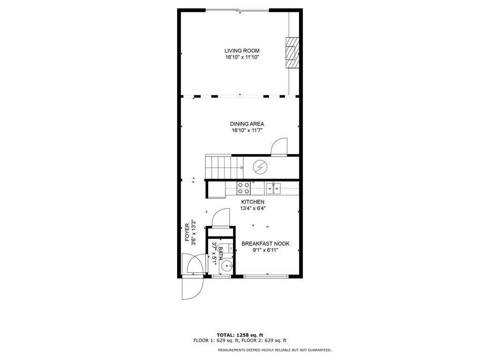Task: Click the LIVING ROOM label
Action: coord(241,51)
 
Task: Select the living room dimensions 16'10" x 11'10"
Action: coord(241,57)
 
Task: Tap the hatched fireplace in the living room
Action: coord(292,52)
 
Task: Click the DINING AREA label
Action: coord(247,124)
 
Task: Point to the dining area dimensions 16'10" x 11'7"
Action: coord(247,130)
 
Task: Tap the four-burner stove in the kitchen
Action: coord(243,188)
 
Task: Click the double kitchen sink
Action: coord(273,188)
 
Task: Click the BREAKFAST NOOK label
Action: coord(265,244)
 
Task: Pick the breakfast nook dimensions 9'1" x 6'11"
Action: coord(265,250)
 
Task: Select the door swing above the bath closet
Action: coord(220,218)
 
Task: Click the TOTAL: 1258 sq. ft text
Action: coord(240,335)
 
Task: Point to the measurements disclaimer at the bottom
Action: coord(274,350)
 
